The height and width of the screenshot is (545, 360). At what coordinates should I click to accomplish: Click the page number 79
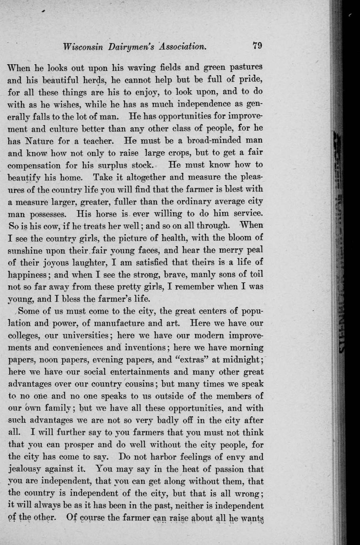[257, 45]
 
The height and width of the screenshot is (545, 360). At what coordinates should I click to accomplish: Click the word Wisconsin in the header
[83, 47]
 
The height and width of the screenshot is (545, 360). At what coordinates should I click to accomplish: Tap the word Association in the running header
[182, 47]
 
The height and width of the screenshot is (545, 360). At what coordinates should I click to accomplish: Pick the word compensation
[35, 165]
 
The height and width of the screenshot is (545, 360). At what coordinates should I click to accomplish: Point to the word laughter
[90, 263]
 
